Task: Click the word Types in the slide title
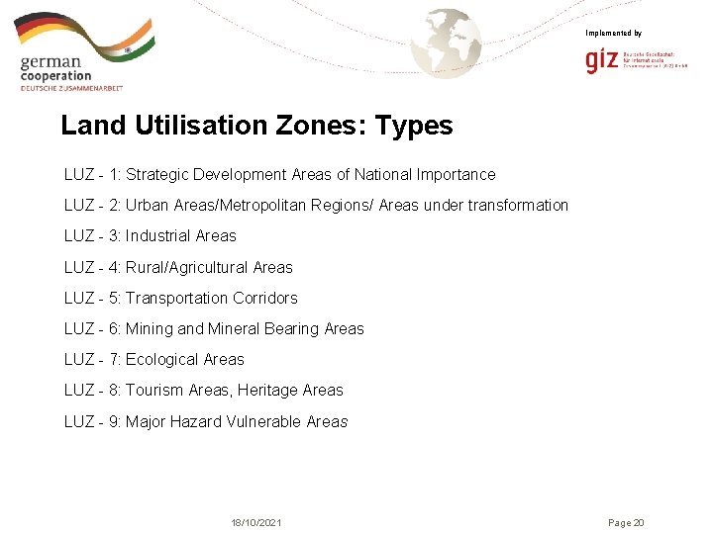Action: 414,127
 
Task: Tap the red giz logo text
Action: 601,61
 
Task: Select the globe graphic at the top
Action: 447,42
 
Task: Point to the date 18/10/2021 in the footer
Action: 256,522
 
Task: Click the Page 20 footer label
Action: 626,522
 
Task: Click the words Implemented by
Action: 613,34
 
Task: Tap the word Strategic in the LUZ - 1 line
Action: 158,175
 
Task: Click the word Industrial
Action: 158,236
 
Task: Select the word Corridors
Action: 265,298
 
